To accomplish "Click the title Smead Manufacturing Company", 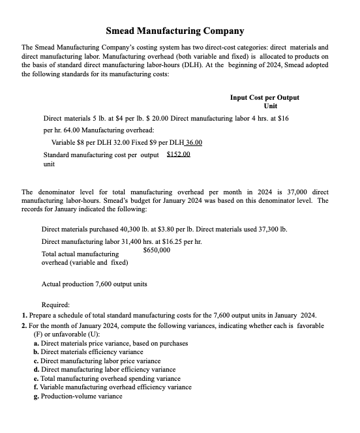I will tap(175, 31).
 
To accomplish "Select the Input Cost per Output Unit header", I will tap(264, 101).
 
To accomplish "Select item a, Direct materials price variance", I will tap(110, 343).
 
